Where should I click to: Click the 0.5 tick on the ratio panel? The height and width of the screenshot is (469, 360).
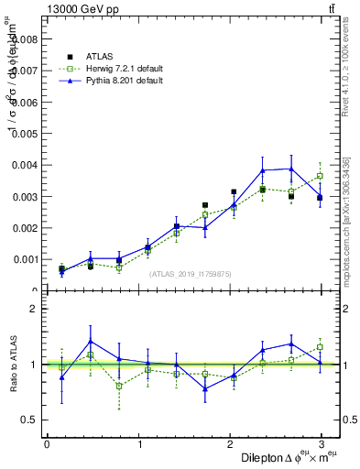(x=30, y=420)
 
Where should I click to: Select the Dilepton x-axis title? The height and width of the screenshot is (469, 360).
(x=275, y=457)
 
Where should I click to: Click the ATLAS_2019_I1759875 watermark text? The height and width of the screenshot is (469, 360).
(x=190, y=273)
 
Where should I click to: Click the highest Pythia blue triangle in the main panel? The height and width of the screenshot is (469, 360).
(x=291, y=169)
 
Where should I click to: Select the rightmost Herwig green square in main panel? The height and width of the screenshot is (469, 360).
(x=320, y=176)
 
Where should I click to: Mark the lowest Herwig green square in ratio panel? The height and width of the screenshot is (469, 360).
(x=119, y=386)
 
